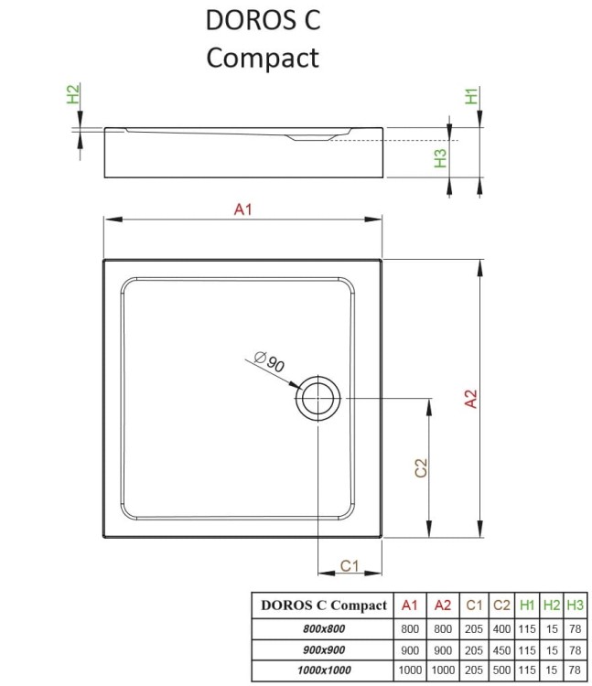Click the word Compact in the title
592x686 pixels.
click(263, 57)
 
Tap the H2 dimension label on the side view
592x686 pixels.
click(73, 93)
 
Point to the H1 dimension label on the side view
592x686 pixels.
click(472, 95)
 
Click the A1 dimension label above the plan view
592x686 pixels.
click(242, 209)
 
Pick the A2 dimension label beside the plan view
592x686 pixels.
click(471, 399)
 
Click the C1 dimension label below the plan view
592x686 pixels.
click(349, 565)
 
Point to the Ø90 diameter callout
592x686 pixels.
click(272, 362)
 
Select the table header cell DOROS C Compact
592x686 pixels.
click(324, 605)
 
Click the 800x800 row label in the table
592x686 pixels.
click(324, 629)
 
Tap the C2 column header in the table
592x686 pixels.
click(501, 605)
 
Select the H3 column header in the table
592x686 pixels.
click(575, 605)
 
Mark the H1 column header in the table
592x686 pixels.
click(528, 605)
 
